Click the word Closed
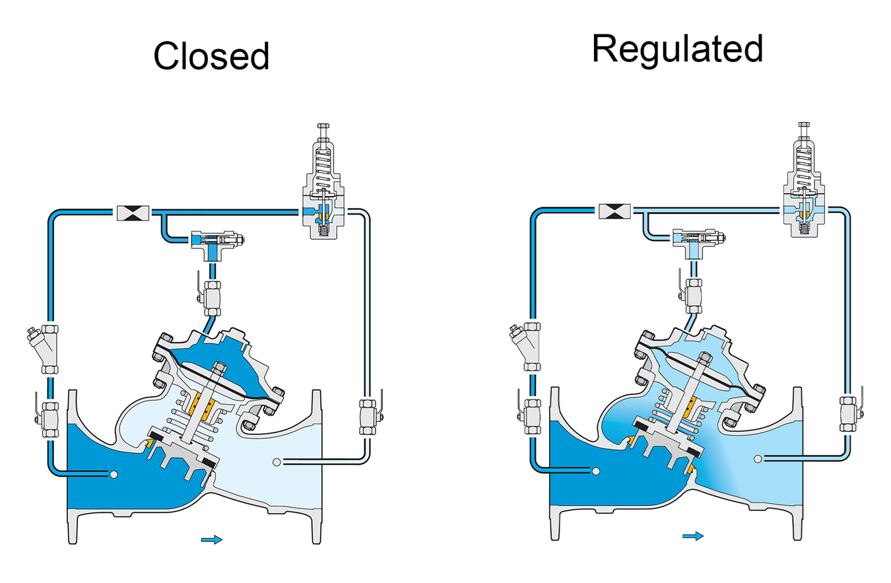211,55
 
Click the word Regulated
677,50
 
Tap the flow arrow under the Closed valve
212,539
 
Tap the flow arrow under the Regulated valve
693,536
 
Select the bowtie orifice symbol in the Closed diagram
133,213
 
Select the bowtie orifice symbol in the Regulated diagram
614,211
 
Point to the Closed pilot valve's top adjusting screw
323,131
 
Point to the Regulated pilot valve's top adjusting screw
804,129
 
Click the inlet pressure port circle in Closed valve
114,474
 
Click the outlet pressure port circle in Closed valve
277,462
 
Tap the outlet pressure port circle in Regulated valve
758,459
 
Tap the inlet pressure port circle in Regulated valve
595,471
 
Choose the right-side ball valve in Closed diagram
370,415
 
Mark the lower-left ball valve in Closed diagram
48,419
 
